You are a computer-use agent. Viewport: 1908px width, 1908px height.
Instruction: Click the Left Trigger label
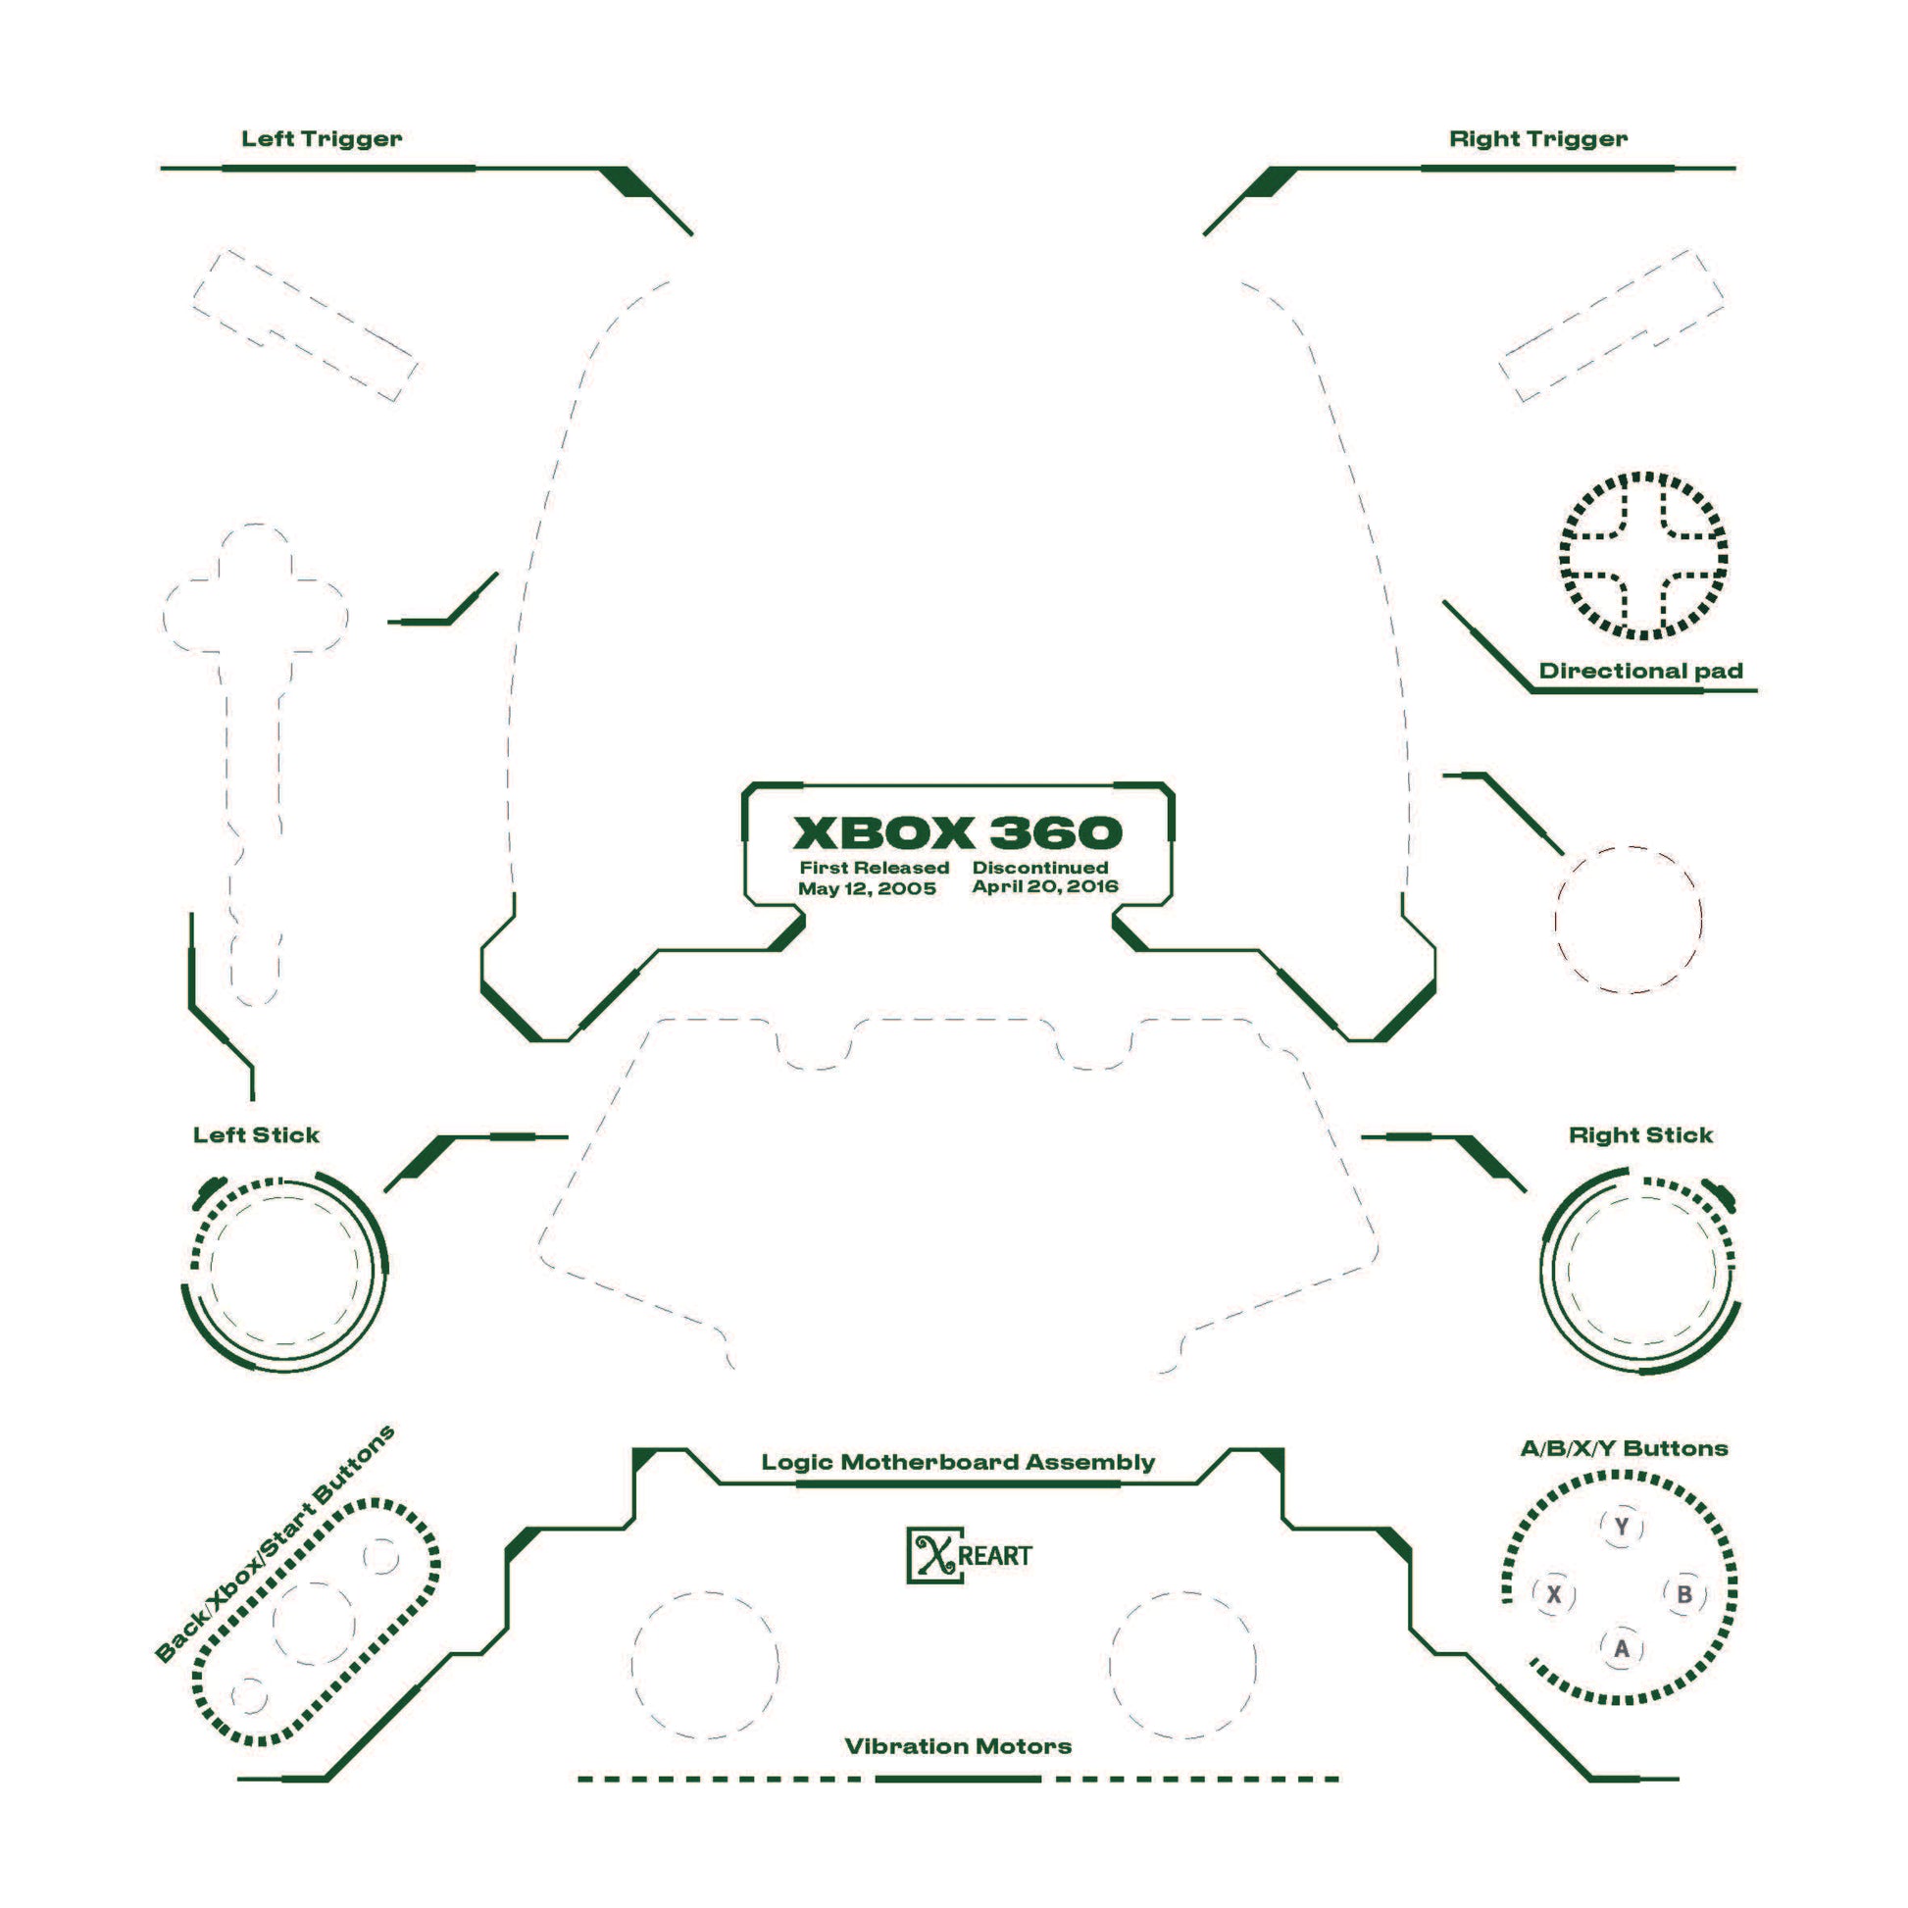(321, 138)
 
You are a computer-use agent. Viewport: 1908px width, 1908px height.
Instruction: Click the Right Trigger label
(1537, 138)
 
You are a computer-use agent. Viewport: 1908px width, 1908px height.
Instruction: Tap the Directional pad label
(1640, 671)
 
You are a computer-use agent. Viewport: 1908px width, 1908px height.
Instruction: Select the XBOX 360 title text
(957, 832)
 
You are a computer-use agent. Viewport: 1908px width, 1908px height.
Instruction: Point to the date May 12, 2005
(867, 888)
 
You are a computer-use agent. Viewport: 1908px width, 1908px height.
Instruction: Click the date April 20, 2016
(1045, 886)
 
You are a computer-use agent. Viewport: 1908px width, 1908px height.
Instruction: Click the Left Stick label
(256, 1134)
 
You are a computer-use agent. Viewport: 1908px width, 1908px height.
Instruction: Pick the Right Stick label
(1640, 1134)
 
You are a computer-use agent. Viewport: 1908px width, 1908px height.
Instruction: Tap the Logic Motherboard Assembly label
(958, 1462)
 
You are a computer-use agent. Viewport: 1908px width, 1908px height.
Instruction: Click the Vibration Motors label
(958, 1746)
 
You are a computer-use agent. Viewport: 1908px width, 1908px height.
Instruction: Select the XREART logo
(969, 1555)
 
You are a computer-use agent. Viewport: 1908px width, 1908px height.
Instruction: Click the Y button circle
(1621, 1527)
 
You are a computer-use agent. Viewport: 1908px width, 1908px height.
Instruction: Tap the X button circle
(1553, 1594)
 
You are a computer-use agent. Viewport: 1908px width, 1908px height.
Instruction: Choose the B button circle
(1684, 1594)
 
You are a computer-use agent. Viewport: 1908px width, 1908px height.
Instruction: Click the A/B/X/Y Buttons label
(1624, 1449)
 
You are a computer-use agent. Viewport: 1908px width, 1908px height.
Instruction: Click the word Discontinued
(1040, 867)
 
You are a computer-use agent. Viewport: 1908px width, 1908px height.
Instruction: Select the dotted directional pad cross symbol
(1643, 556)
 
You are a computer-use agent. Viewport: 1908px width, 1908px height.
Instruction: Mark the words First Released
(874, 867)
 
